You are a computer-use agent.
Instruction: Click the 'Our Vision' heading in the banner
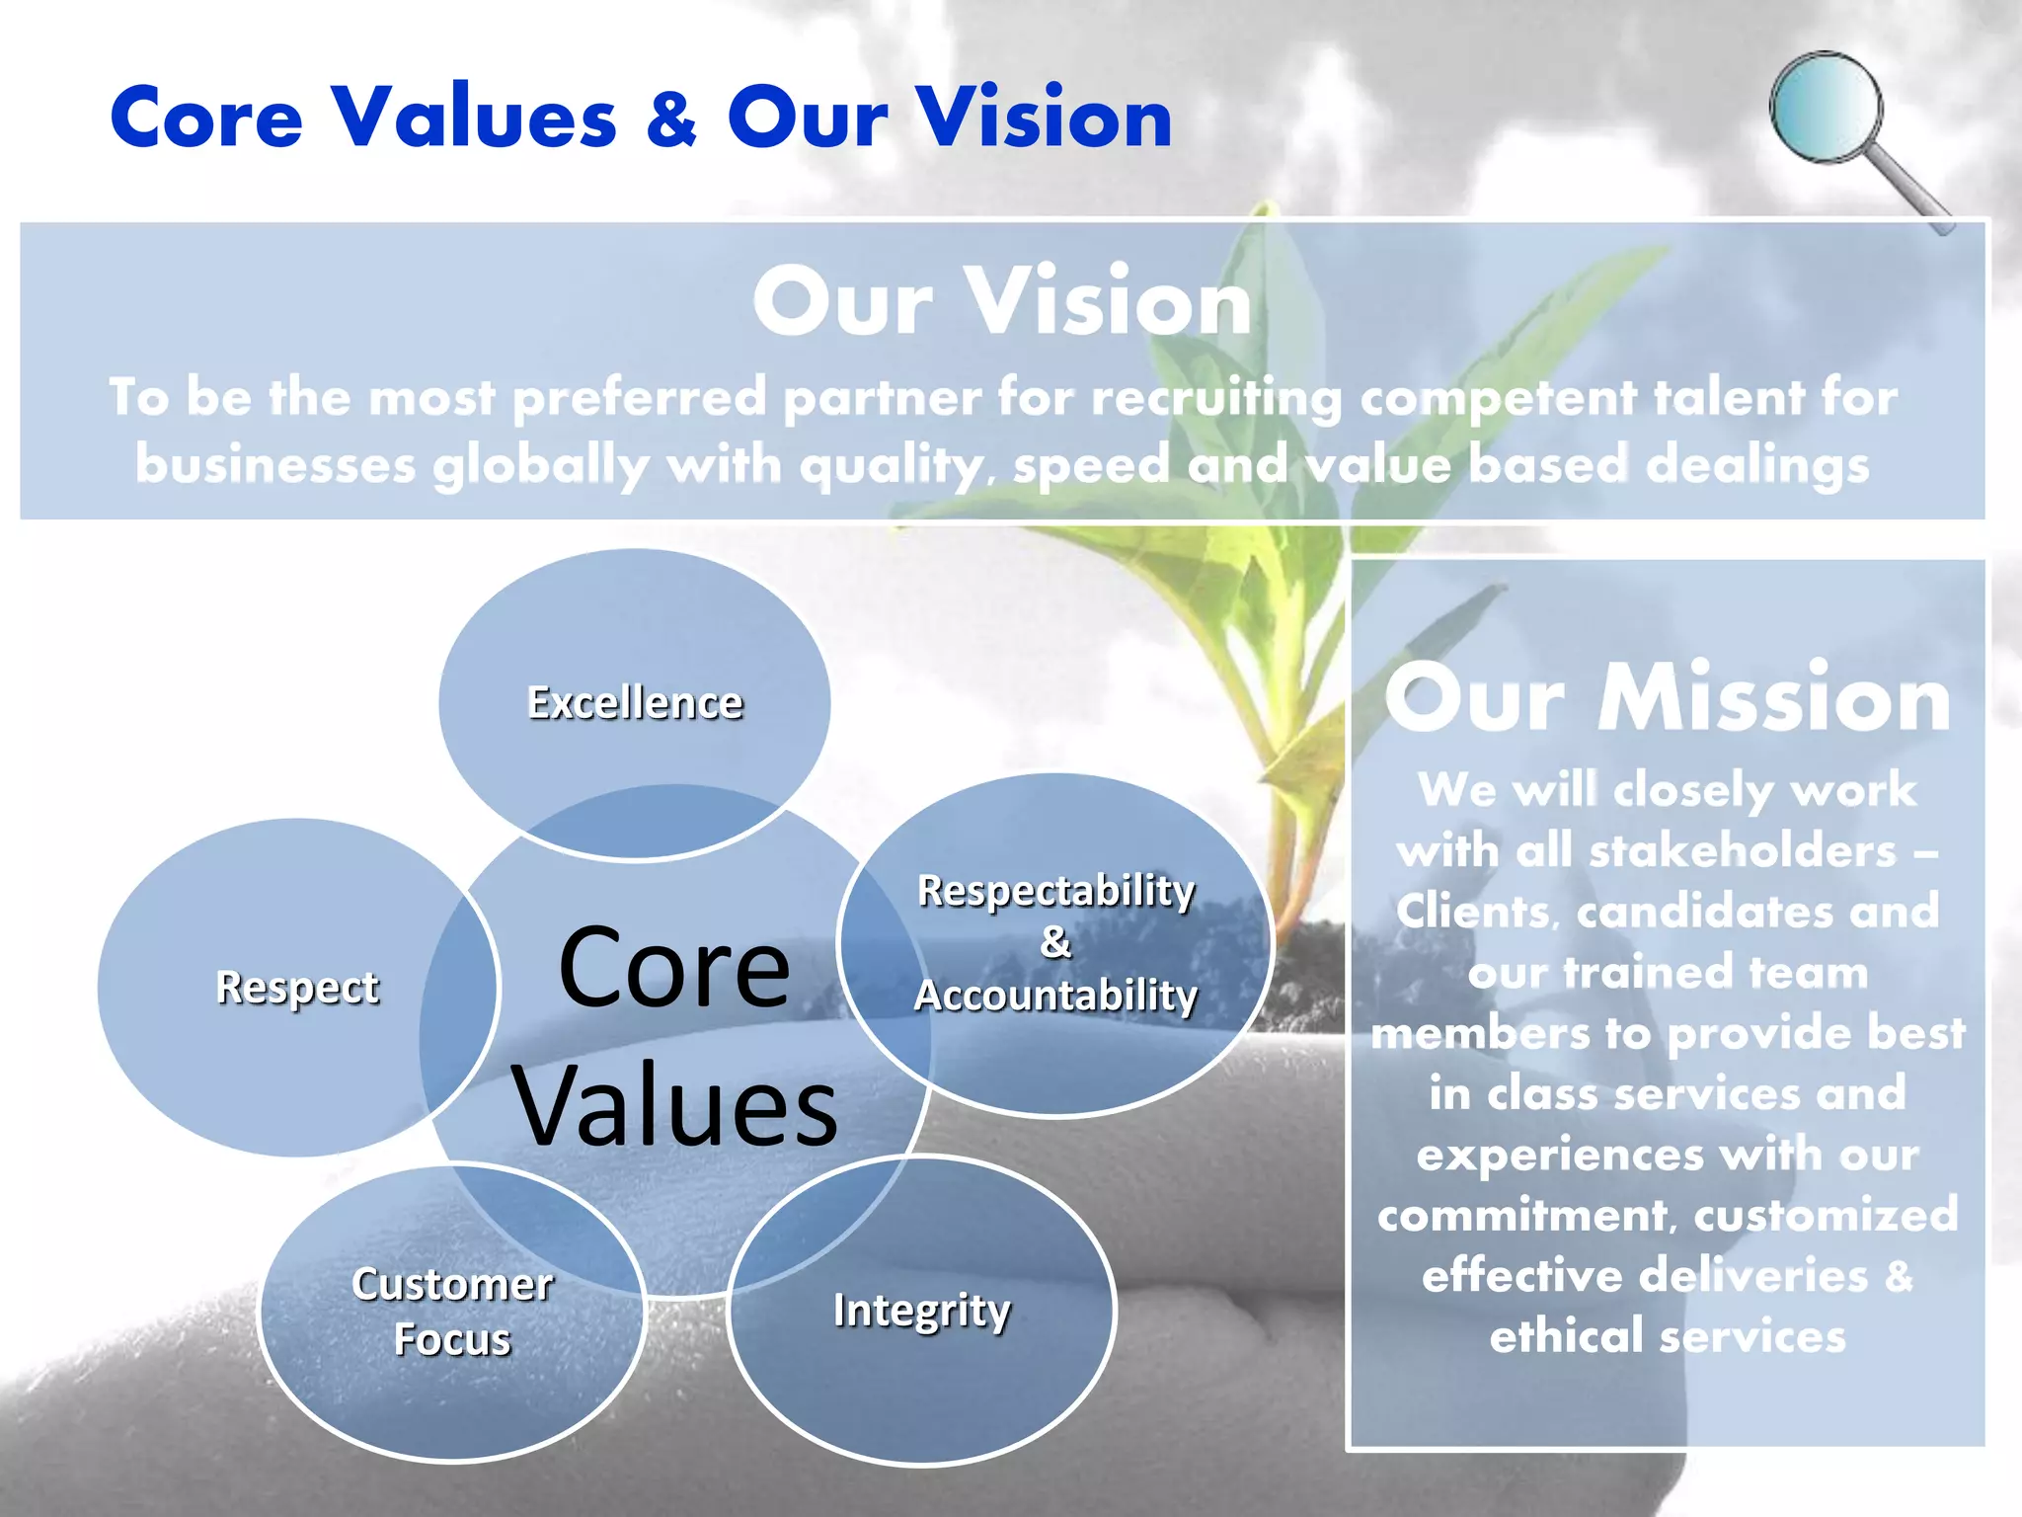1002,301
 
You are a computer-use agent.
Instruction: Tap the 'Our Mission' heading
1668,699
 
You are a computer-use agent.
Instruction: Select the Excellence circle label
635,703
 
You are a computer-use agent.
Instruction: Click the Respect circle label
297,988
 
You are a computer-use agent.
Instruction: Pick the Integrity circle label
922,1312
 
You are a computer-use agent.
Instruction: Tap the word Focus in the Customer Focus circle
452,1340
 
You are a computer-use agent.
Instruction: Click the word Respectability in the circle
1055,891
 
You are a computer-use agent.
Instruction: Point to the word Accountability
1055,996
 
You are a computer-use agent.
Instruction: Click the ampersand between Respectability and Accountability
1055,942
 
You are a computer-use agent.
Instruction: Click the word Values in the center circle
674,1106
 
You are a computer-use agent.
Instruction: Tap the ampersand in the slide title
672,119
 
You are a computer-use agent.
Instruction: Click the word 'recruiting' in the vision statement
1216,398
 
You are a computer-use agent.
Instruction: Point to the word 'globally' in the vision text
541,465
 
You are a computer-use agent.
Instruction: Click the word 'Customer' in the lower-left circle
452,1285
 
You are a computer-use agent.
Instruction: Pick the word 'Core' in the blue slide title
206,119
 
